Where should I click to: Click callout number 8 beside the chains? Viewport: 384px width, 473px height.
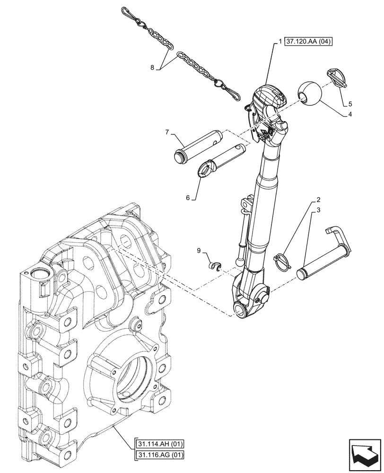[x=152, y=68]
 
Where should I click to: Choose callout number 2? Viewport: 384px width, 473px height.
[x=319, y=199]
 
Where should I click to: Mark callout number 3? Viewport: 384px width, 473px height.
[x=319, y=210]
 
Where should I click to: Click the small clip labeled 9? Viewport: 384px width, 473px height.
[x=216, y=266]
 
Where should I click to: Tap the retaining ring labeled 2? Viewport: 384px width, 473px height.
[x=282, y=261]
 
